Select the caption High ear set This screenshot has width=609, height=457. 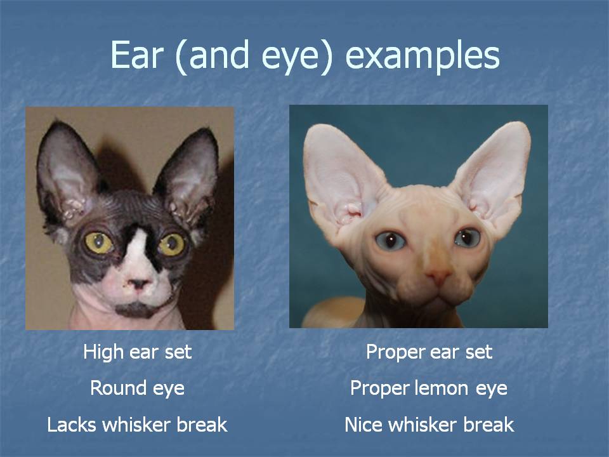click(138, 352)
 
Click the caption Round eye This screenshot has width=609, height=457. click(138, 388)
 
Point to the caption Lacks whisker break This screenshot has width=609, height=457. click(137, 425)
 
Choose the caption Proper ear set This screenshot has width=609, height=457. click(429, 352)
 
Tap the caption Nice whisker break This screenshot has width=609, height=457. click(429, 425)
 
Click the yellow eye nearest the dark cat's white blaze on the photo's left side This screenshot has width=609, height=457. click(99, 242)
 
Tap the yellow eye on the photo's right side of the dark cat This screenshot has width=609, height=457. click(172, 244)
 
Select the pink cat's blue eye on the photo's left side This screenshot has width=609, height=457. click(390, 241)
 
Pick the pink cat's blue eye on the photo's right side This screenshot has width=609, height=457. click(468, 237)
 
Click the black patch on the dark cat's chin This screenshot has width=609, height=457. click(136, 310)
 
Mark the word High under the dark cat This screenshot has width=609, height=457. click(103, 352)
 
